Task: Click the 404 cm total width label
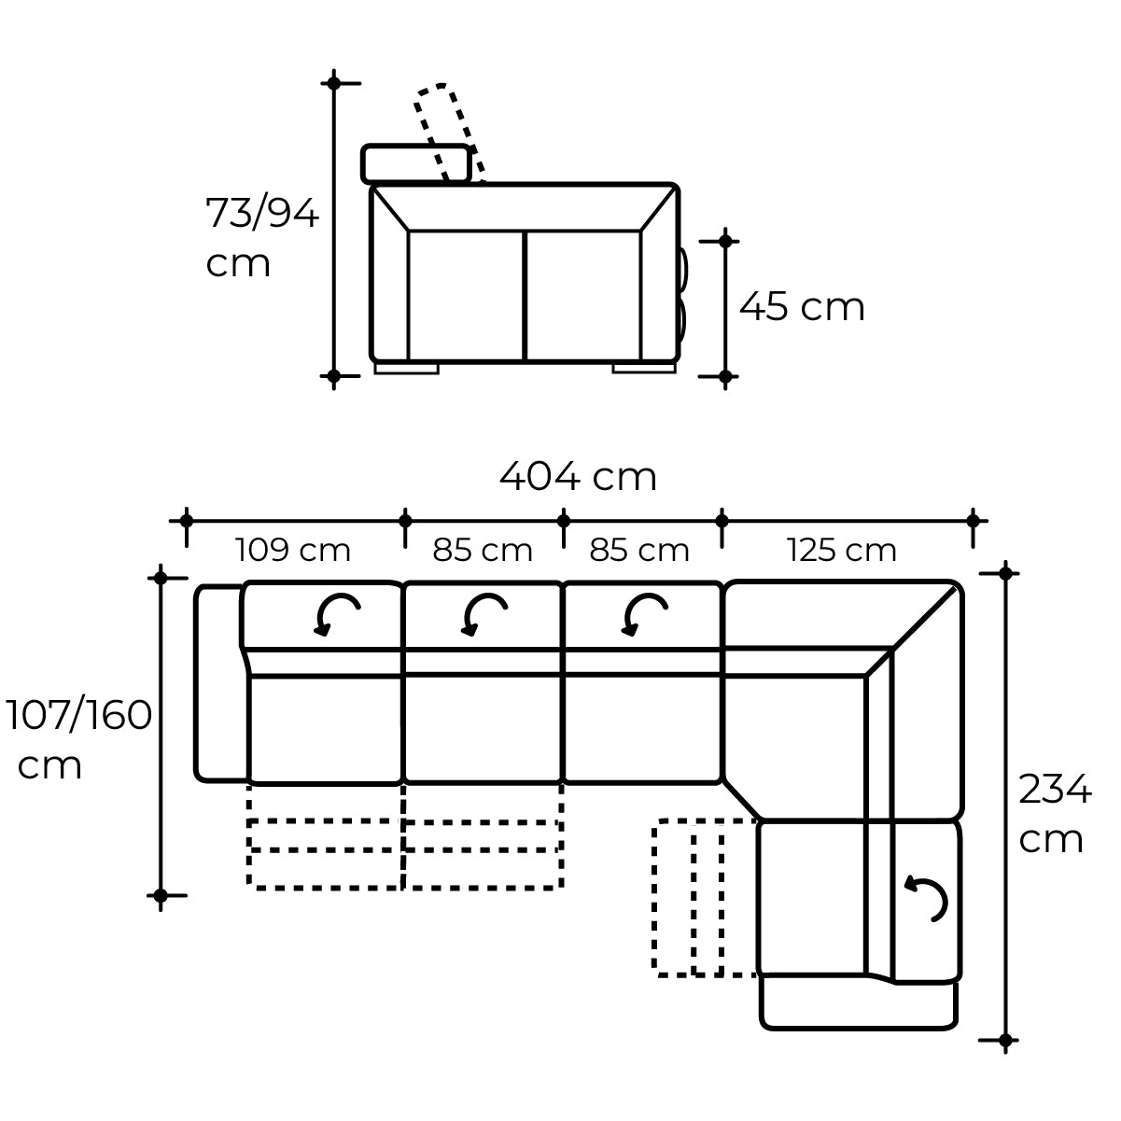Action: (x=578, y=476)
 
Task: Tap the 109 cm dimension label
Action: (x=292, y=550)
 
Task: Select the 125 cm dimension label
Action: (x=841, y=550)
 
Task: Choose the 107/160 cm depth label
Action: (x=78, y=739)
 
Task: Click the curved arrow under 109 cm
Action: (x=336, y=613)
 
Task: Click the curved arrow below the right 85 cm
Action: (x=643, y=613)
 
